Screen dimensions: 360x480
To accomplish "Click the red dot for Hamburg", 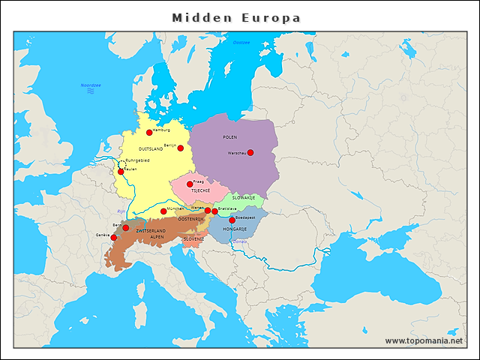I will point(149,133).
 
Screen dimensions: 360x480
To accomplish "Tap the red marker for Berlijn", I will point(180,148).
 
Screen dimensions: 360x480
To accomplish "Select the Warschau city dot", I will point(250,153).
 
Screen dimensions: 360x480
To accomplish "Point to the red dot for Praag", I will point(190,184).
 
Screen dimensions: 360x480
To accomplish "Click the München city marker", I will point(163,211).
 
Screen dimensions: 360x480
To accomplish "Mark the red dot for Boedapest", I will point(232,220).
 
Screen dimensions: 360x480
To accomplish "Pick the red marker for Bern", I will point(125,228).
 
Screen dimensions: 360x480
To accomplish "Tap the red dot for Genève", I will point(114,238).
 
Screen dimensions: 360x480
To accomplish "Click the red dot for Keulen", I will point(121,172).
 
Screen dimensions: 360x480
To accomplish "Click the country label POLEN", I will point(230,137).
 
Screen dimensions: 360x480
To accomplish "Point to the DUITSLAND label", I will point(151,149).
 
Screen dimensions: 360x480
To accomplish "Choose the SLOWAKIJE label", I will point(242,197).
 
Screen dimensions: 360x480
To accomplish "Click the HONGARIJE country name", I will point(235,228).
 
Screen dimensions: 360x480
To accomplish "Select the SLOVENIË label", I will point(193,239).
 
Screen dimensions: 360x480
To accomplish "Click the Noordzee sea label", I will point(91,85).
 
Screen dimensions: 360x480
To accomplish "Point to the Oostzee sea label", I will point(241,43).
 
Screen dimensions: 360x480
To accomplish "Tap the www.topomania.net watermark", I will point(424,340).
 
